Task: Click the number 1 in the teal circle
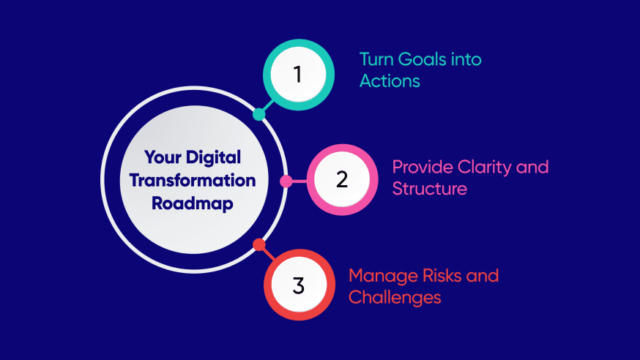click(x=298, y=75)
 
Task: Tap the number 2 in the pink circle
click(x=341, y=180)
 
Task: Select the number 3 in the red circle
click(x=298, y=285)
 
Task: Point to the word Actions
click(x=390, y=80)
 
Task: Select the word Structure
click(x=429, y=188)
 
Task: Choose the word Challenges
click(x=395, y=297)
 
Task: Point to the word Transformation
click(x=199, y=180)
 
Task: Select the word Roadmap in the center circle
click(x=193, y=203)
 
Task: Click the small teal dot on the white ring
click(x=258, y=114)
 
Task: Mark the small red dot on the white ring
click(x=258, y=245)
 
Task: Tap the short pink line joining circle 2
click(x=297, y=181)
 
